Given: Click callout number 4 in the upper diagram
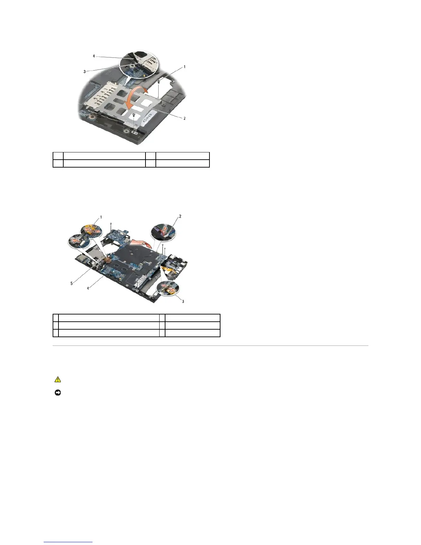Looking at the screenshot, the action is tap(94, 56).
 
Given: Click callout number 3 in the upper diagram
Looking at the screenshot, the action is tap(84, 72).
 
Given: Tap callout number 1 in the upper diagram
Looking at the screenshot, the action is tap(184, 67).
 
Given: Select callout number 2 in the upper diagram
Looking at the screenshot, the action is tap(184, 118).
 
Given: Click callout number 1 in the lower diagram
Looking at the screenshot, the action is tap(101, 217).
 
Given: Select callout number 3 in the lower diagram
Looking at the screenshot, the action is tap(183, 301).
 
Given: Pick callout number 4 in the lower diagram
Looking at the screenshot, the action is tap(88, 288).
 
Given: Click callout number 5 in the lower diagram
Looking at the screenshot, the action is tap(72, 284).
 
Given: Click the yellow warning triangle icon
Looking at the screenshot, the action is tap(57, 380).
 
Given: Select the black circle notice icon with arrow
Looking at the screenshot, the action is tap(57, 393).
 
